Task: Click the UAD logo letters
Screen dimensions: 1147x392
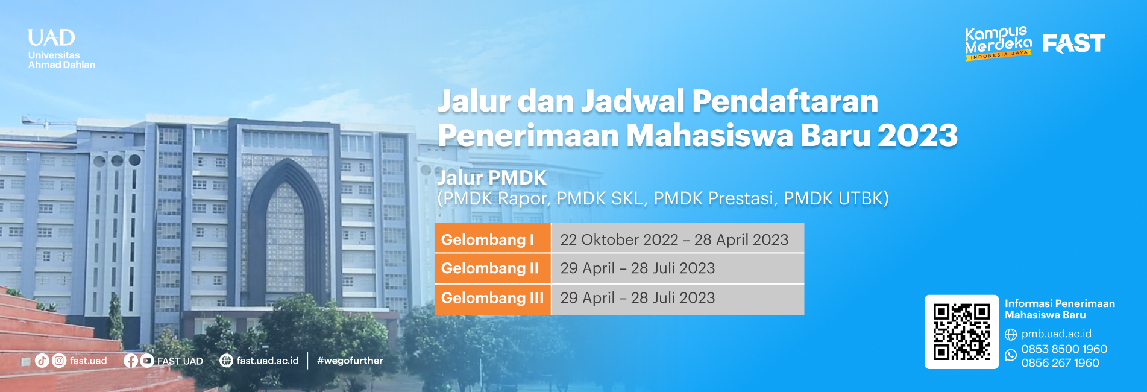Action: pos(52,38)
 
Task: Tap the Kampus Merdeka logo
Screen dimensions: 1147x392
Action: pos(998,43)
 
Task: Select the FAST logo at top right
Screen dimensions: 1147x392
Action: pos(1074,43)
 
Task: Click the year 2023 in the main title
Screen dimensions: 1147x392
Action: pos(918,135)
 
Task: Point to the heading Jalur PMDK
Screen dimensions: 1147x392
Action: pos(492,177)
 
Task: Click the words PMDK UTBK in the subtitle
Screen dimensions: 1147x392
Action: pos(836,198)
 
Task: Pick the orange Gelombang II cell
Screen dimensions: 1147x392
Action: pos(493,268)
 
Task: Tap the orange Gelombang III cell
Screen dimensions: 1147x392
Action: pos(493,299)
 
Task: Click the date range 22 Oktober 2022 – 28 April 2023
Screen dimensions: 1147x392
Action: pos(674,239)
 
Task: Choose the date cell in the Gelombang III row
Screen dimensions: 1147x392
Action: pos(678,299)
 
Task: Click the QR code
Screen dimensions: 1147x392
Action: pos(961,332)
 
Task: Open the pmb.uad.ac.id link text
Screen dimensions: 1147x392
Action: pos(1056,334)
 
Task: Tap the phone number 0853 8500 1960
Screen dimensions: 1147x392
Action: pos(1064,349)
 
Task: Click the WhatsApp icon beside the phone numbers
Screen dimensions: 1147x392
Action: pos(1011,355)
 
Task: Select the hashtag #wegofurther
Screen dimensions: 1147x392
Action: pos(350,361)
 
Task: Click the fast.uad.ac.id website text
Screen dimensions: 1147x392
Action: pos(268,361)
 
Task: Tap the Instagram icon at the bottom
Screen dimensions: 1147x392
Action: pos(59,361)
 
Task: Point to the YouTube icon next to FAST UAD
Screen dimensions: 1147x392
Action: pos(147,361)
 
